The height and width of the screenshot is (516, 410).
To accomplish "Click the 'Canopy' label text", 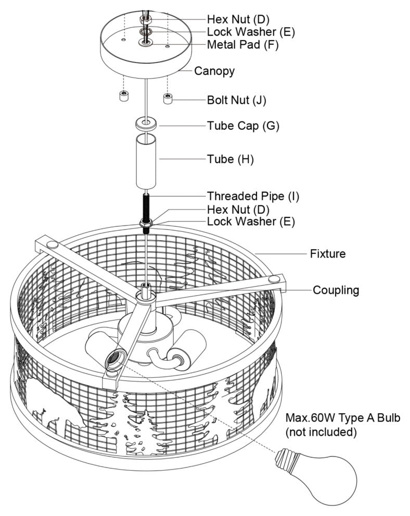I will (214, 71).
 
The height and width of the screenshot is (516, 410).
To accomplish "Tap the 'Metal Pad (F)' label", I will (242, 45).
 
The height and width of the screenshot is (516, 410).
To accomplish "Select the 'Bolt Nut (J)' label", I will (236, 101).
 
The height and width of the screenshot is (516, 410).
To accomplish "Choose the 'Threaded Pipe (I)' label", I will (253, 196).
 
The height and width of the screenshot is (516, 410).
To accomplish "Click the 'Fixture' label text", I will (328, 254).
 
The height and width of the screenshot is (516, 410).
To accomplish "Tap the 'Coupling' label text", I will (336, 290).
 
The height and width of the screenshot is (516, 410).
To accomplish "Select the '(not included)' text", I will (321, 432).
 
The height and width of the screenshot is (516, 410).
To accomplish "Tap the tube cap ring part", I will (146, 125).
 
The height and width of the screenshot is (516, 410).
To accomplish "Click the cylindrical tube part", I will (146, 162).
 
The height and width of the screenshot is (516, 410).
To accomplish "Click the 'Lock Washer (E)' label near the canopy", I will (251, 32).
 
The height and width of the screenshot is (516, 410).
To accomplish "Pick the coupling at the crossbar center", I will (145, 293).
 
